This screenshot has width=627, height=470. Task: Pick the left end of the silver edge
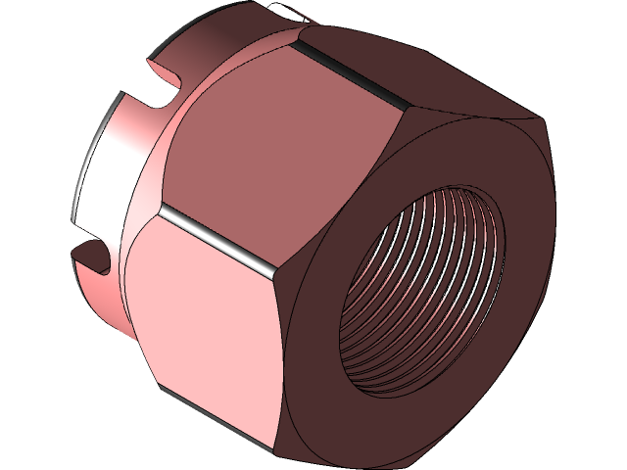click(162, 210)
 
